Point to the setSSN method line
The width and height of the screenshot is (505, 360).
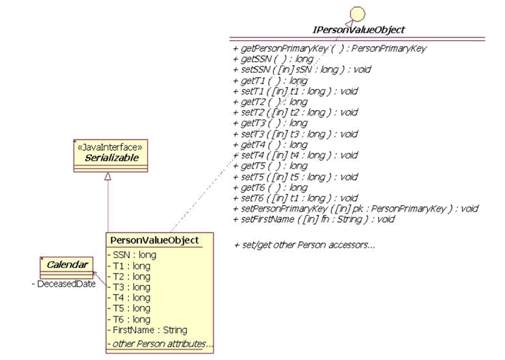click(x=301, y=69)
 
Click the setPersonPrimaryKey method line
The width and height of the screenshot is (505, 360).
click(x=355, y=209)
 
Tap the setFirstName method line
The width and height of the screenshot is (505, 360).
click(x=313, y=219)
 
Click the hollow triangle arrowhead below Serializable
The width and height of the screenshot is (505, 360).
click(x=107, y=178)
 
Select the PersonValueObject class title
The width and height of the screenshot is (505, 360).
click(x=153, y=240)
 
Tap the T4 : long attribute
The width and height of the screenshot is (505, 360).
click(x=129, y=298)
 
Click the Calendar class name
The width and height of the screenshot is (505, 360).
click(x=68, y=265)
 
